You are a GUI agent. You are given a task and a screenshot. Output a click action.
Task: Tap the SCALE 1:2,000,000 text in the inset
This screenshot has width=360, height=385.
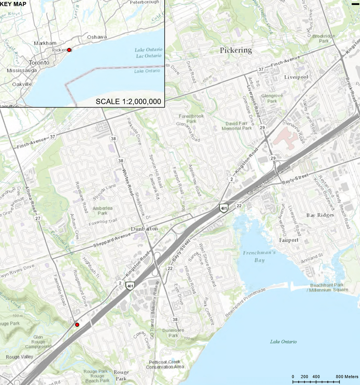tap(128, 101)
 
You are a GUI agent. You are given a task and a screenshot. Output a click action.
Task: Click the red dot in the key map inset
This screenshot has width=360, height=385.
tap(69, 50)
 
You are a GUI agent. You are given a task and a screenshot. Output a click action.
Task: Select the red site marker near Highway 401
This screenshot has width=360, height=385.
tap(77, 325)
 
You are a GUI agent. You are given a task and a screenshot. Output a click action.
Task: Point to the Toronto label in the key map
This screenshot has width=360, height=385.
tap(39, 62)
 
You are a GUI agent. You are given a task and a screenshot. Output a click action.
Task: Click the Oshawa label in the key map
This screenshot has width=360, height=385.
tap(96, 37)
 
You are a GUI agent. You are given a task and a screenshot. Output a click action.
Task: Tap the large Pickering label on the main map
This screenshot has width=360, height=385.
tap(236, 50)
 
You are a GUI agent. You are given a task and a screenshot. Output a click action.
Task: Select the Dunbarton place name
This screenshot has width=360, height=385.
tap(144, 228)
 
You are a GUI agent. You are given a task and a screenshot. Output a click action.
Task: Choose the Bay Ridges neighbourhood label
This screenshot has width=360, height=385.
tap(320, 215)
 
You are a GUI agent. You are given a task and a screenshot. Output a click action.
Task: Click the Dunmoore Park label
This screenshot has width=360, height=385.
tap(173, 333)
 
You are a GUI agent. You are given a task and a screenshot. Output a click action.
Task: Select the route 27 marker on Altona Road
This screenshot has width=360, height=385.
tap(38, 219)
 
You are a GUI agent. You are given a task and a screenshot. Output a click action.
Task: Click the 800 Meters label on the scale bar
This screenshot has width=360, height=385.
tap(348, 377)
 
